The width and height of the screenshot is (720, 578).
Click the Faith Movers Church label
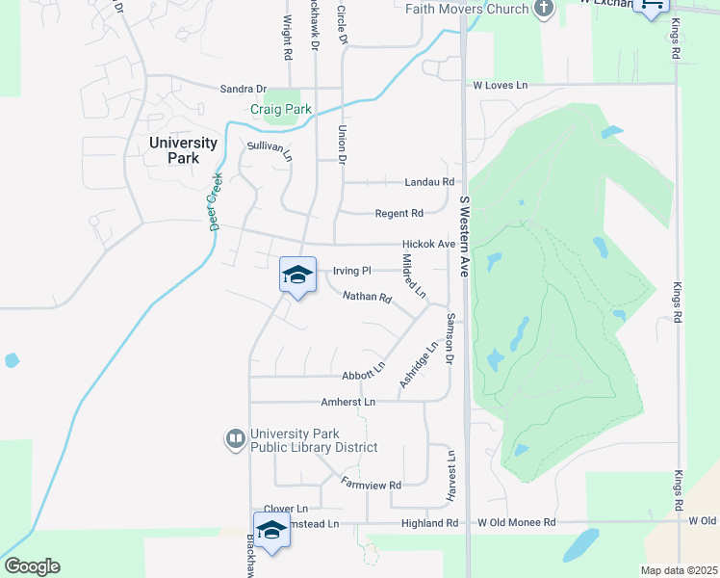point(467,9)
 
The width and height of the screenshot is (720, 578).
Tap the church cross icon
point(544,9)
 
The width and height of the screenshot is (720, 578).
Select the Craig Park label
point(281,110)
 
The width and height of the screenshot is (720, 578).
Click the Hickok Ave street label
point(428,245)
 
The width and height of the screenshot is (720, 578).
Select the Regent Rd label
point(399,213)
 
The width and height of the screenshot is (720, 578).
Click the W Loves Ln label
point(501,86)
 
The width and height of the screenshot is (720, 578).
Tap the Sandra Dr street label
point(242,88)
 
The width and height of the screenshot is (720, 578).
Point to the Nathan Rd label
point(367,298)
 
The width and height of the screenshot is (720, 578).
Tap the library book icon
point(235,440)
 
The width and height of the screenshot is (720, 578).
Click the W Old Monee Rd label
point(517,522)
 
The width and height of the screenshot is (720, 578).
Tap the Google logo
point(32,566)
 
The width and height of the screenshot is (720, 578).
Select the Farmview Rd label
point(371,483)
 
